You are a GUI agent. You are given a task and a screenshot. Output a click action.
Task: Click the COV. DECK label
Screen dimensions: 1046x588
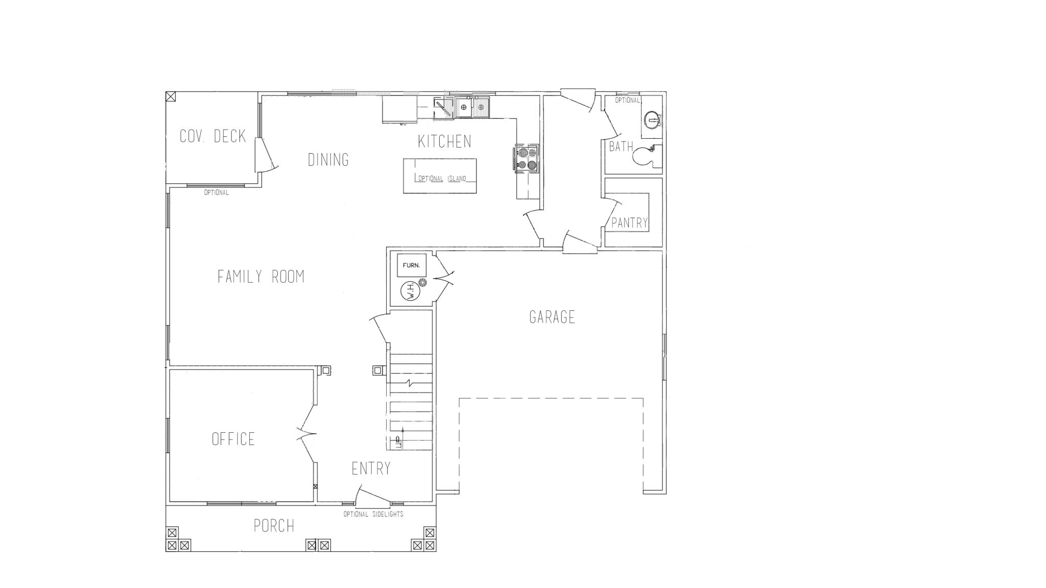pos(213,136)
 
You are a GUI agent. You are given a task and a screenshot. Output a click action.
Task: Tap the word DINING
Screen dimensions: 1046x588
pos(328,160)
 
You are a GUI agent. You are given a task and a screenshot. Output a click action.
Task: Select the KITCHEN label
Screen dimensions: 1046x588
pos(445,141)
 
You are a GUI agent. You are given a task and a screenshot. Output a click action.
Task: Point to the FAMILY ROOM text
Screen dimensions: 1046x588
pos(261,277)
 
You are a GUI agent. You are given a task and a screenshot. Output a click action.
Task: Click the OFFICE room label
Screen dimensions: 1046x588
pos(233,439)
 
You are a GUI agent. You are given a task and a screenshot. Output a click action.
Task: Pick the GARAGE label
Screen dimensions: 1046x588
pos(552,317)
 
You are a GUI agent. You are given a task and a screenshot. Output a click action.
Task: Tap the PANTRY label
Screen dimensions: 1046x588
pos(630,223)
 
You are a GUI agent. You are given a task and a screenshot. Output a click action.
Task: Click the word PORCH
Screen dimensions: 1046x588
pos(274,526)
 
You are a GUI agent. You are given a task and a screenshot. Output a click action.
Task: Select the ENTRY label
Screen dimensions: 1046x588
pos(371,469)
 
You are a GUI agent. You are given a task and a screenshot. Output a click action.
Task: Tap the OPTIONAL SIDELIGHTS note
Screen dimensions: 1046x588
pos(373,514)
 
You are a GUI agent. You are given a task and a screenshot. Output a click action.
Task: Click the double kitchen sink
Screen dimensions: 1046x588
pos(472,107)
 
